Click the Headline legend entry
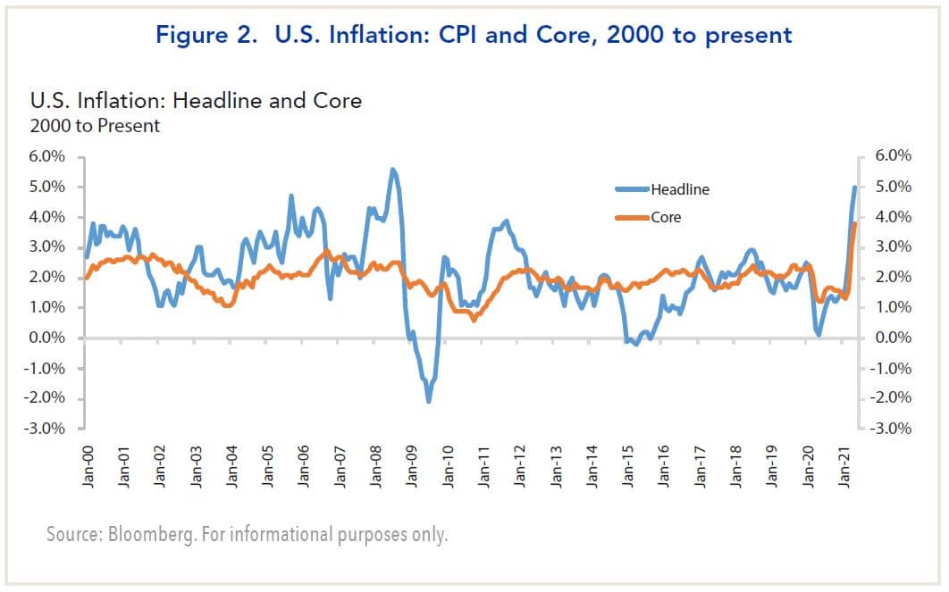679,189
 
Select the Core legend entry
666,217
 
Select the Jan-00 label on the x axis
88,463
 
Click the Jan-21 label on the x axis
845,463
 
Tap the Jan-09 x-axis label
412,463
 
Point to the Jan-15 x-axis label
628,463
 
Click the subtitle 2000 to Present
95,125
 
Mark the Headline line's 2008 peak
392,169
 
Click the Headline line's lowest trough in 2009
429,402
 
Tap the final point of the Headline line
855,187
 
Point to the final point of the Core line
855,223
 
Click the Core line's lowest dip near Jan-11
474,320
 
